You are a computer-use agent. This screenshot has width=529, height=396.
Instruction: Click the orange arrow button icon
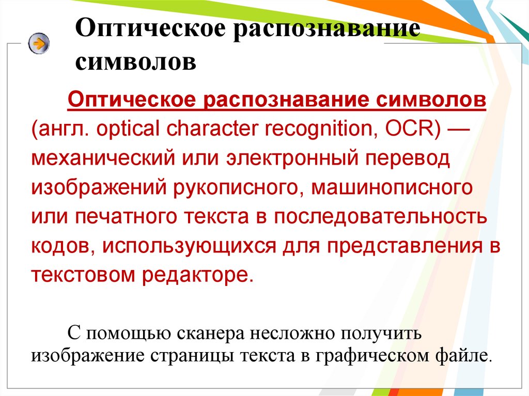click(x=39, y=43)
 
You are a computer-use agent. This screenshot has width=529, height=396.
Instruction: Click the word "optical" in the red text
click(x=128, y=129)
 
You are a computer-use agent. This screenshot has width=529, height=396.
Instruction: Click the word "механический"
click(x=103, y=158)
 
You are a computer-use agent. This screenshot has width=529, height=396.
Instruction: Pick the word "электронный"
click(x=292, y=158)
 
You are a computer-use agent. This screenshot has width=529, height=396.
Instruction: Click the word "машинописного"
click(x=392, y=188)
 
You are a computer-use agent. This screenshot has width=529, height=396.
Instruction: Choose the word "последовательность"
click(x=380, y=216)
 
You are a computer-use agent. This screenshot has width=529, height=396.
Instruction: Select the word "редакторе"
click(x=197, y=275)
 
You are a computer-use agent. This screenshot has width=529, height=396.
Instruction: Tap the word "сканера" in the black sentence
click(x=211, y=333)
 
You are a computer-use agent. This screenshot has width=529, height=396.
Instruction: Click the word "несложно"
click(x=292, y=333)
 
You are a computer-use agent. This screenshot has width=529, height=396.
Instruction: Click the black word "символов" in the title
click(x=136, y=62)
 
